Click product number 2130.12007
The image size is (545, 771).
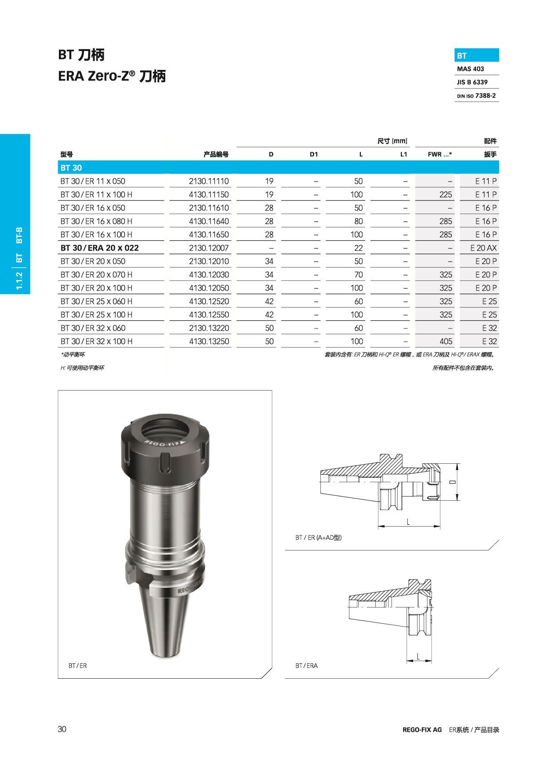coord(209,248)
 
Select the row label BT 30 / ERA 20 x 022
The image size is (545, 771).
coord(99,248)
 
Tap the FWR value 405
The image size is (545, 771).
coord(445,341)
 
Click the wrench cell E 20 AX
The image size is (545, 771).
coord(483,248)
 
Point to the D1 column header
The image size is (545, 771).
coord(313,154)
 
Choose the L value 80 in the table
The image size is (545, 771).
coord(358,221)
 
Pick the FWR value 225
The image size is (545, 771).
coord(445,194)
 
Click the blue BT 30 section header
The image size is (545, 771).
coord(71,167)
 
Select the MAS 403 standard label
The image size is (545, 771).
coord(470,69)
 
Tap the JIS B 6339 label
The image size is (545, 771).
coord(472,82)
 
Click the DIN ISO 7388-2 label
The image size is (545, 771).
coord(476,95)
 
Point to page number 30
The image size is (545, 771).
coord(62,729)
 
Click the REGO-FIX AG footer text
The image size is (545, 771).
coord(422,730)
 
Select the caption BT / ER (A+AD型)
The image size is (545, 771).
coord(318,537)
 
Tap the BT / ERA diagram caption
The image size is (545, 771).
coord(306,666)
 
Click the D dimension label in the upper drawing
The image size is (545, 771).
coord(452,482)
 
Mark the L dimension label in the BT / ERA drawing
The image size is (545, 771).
coord(418,657)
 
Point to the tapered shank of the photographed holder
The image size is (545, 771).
coord(164,624)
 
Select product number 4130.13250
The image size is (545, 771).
coord(209,341)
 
